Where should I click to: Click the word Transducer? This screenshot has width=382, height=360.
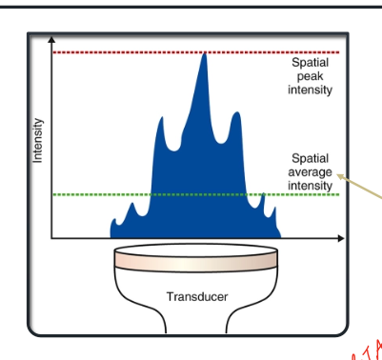[197, 297]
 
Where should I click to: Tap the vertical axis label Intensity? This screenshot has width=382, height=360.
[38, 139]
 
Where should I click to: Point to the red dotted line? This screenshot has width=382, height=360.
[143, 51]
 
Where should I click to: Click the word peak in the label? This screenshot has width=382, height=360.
[310, 76]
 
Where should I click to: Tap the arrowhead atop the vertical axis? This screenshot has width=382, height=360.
[51, 40]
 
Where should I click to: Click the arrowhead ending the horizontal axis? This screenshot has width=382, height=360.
[340, 237]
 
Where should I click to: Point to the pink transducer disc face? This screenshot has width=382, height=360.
[197, 257]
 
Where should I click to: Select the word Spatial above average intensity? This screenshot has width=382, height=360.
[310, 159]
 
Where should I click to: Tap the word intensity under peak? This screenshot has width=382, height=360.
[310, 90]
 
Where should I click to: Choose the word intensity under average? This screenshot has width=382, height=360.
[310, 186]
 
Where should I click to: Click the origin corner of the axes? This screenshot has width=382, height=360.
[51, 237]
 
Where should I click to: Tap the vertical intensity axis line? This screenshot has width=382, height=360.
[51, 143]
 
